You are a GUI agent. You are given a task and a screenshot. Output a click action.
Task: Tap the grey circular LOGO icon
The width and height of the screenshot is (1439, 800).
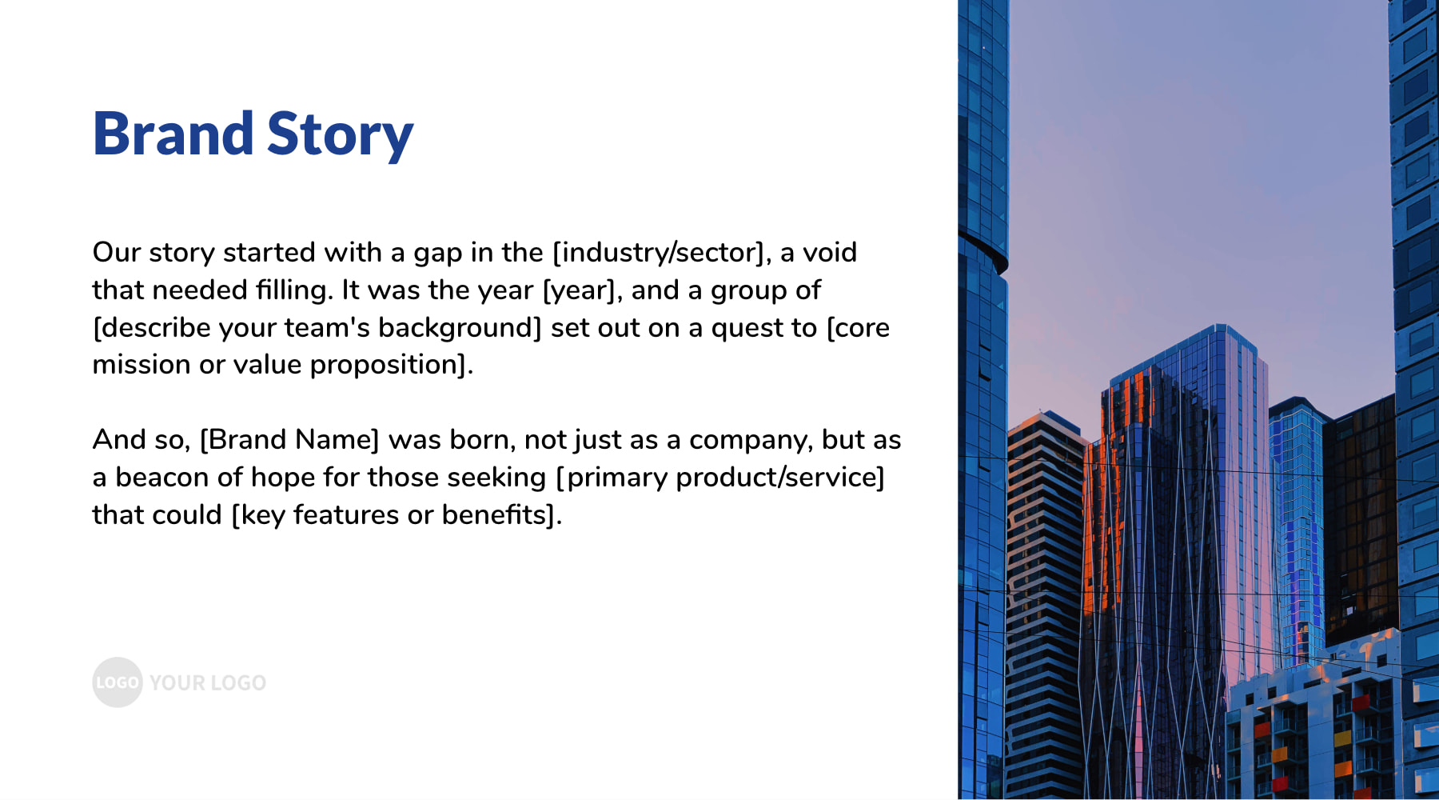coord(118,682)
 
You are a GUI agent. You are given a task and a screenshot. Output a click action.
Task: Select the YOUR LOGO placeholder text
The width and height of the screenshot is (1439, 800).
coord(208,683)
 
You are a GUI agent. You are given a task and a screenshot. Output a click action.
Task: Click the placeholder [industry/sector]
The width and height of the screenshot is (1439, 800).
coord(662,253)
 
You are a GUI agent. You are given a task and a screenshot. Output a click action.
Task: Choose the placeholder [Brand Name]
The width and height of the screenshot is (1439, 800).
coord(289,440)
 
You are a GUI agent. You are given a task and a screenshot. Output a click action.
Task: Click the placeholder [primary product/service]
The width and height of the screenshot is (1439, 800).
coord(720,478)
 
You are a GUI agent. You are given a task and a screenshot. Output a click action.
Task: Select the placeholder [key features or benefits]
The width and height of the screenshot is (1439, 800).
coord(397,515)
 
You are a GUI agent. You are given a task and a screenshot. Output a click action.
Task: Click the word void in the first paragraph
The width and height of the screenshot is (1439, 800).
coord(830,252)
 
